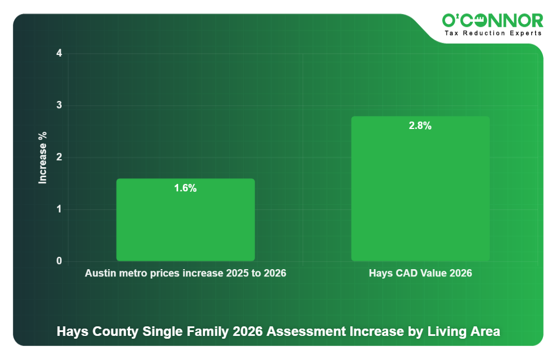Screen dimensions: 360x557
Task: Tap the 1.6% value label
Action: point(185,188)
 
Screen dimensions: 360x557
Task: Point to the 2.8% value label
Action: point(420,126)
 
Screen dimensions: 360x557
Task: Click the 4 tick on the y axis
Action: point(59,54)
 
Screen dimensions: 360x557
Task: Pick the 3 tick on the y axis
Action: point(59,106)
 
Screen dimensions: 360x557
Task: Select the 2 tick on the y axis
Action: point(59,158)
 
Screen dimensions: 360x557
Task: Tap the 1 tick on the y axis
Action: point(59,210)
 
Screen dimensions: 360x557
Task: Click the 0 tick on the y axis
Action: point(59,261)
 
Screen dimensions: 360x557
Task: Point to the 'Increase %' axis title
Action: point(43,158)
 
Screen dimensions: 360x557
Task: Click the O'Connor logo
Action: point(493,21)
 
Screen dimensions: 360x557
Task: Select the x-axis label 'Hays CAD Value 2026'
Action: point(420,274)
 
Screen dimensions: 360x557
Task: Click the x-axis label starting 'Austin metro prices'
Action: point(185,274)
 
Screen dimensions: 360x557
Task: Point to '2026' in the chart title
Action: point(247,331)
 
